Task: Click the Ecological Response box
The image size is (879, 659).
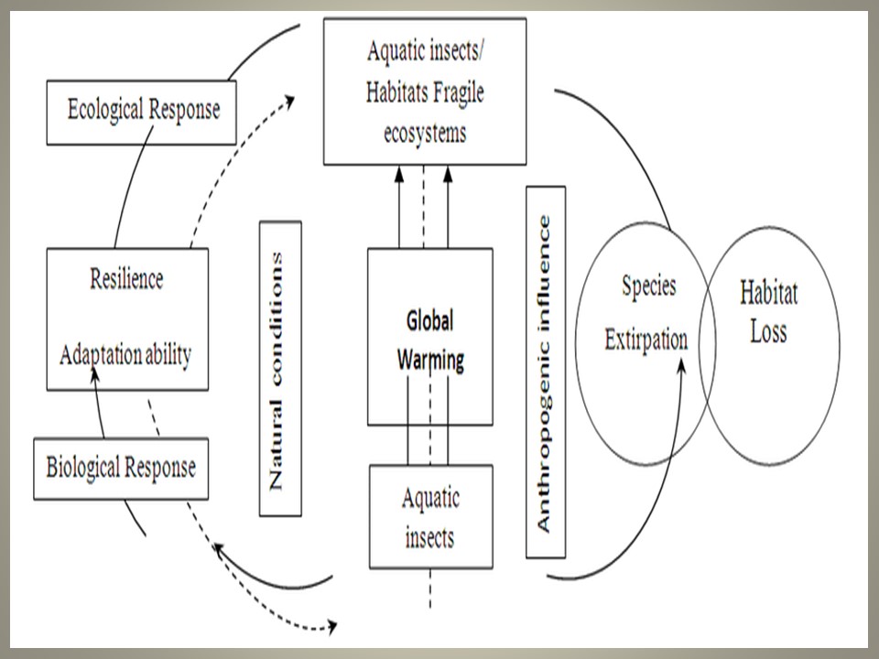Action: [x=142, y=112]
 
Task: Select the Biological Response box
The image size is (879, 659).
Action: [x=120, y=468]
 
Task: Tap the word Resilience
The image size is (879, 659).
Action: [x=126, y=279]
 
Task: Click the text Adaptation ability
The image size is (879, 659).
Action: [x=125, y=355]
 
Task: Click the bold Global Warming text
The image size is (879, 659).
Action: [x=429, y=340]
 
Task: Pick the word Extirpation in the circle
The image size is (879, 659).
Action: [x=646, y=340]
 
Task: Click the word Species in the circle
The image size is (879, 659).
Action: [x=648, y=286]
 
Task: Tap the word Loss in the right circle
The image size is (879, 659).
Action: [x=768, y=330]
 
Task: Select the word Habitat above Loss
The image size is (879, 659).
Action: [x=768, y=294]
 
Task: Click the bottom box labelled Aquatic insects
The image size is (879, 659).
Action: [x=430, y=516]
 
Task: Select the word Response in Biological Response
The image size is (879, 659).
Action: [x=160, y=468]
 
